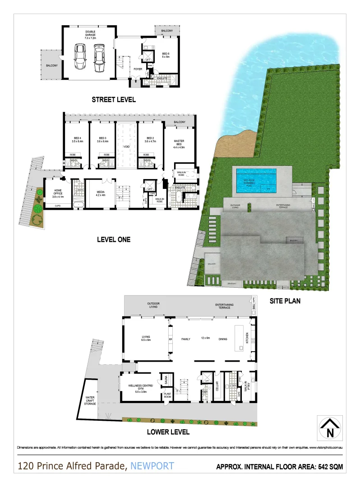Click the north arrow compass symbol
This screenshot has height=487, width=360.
[329, 428]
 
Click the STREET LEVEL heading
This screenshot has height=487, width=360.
[114, 100]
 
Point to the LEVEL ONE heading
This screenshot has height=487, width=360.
[114, 240]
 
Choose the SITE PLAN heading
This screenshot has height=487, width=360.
[285, 300]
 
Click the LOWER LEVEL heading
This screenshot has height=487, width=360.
[168, 432]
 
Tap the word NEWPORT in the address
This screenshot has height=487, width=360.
[152, 466]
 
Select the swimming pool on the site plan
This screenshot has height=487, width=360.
[256, 175]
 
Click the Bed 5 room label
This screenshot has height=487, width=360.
[165, 55]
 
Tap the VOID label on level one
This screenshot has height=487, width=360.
[126, 147]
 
